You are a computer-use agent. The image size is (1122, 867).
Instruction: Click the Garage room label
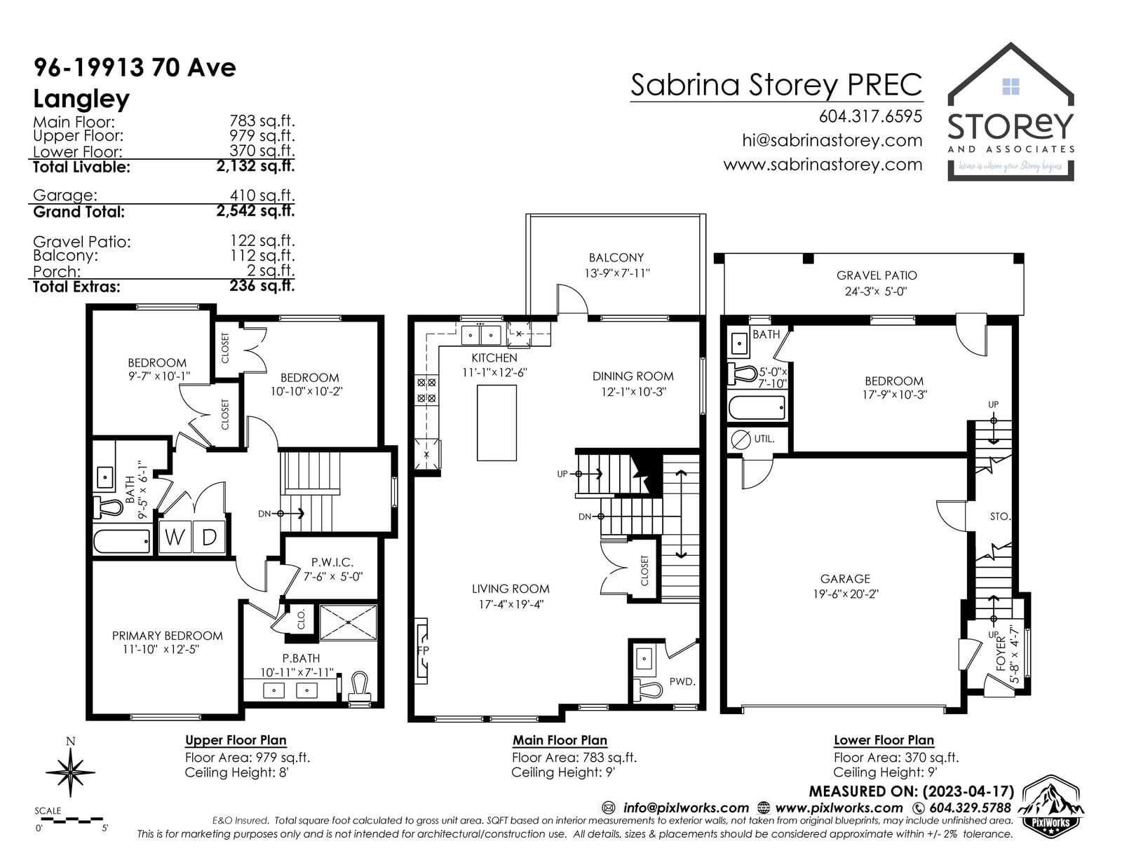click(845, 578)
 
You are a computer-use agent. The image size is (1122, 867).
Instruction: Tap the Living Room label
click(510, 589)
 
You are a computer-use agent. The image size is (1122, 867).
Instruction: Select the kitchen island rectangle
click(496, 423)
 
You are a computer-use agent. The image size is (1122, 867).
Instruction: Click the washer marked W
click(175, 537)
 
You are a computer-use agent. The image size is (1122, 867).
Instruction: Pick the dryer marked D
click(208, 537)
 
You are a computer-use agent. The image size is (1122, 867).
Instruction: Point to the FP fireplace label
click(423, 650)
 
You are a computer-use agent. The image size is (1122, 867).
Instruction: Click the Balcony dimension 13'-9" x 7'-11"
click(616, 273)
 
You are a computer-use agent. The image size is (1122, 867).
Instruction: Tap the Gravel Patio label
click(877, 275)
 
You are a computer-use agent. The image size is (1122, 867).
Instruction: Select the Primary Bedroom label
click(168, 636)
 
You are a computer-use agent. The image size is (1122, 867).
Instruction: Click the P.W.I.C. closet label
click(332, 562)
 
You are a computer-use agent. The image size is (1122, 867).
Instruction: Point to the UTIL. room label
click(764, 439)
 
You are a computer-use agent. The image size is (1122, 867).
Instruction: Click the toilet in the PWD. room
click(650, 688)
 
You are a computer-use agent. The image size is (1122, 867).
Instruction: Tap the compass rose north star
click(70, 772)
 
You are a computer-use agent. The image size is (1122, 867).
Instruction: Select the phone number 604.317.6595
click(870, 116)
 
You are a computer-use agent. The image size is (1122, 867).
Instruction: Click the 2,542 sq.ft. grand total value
click(255, 210)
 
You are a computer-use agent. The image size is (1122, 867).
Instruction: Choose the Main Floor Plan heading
click(560, 740)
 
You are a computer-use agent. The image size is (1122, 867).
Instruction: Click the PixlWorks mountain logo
click(1050, 807)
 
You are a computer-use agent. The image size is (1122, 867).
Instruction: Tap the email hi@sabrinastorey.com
click(832, 140)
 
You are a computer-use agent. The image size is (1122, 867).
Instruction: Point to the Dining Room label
click(633, 376)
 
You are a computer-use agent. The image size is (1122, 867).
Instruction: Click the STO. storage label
click(1000, 516)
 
